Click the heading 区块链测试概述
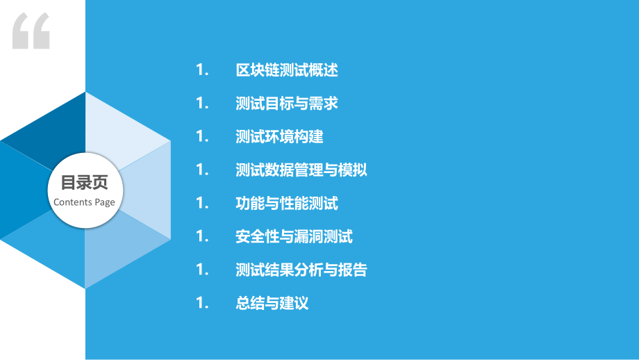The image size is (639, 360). coord(287,70)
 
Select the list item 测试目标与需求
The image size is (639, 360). coord(287,104)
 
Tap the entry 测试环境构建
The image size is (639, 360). coord(279,137)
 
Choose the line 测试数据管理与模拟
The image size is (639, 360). coord(301,170)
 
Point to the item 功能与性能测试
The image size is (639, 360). coord(287,204)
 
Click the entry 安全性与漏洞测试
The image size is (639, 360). coord(294,237)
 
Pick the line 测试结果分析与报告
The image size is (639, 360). coord(301,270)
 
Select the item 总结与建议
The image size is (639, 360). coord(272,304)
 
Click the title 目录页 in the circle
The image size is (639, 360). coord(84,183)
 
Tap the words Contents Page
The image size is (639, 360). coord(84,202)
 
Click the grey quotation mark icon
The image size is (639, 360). coord(31,31)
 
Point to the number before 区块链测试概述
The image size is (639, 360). coord(202,70)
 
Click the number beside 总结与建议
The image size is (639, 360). coord(202,304)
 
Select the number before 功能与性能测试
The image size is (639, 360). coord(202,204)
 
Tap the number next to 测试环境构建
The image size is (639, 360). coord(202,137)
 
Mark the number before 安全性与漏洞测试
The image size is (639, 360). coord(202,237)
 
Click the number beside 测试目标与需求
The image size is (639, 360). coord(202,104)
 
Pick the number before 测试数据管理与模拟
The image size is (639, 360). coord(202,170)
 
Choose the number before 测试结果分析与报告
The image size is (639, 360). coord(202,270)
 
